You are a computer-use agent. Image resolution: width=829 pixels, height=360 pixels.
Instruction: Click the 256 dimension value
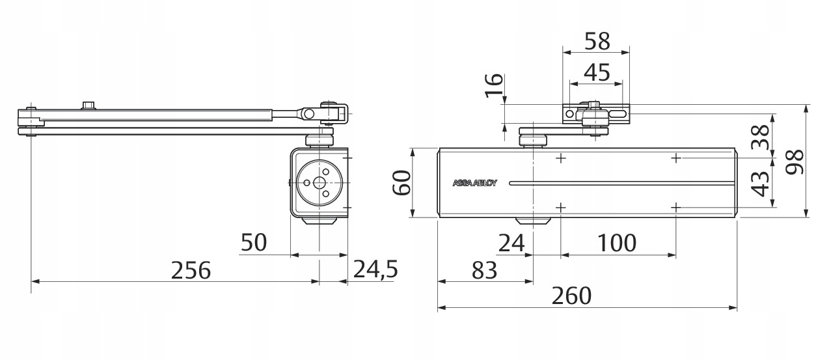click(x=191, y=270)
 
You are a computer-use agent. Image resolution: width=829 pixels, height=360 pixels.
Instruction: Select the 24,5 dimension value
click(x=375, y=270)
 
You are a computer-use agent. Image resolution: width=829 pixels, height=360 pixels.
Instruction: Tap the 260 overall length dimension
click(x=571, y=296)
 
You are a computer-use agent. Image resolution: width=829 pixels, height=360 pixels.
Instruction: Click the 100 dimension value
click(x=616, y=243)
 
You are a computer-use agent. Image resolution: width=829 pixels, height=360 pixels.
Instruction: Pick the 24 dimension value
click(x=511, y=243)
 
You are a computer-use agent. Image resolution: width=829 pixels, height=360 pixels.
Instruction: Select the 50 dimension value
click(x=254, y=243)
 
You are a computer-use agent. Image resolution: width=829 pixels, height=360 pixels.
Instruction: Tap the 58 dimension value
click(x=597, y=41)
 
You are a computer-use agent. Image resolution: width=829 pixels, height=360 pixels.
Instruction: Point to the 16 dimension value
click(x=495, y=85)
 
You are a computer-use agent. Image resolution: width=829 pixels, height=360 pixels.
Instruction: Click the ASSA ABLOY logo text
click(x=474, y=183)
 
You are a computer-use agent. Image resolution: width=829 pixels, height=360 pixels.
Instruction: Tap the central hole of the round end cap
click(x=319, y=183)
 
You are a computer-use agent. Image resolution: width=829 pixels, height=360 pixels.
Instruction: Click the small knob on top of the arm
click(x=89, y=105)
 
